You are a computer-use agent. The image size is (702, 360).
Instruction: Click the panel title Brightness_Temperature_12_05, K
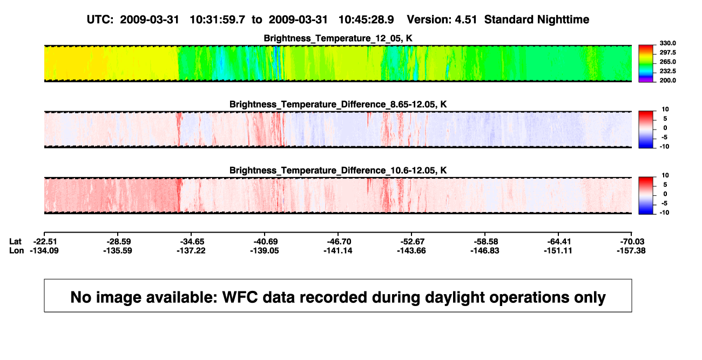pyautogui.click(x=338, y=38)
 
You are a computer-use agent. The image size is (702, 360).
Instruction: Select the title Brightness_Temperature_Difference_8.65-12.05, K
pyautogui.click(x=338, y=104)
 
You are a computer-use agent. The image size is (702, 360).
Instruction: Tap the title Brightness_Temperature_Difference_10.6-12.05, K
pyautogui.click(x=338, y=171)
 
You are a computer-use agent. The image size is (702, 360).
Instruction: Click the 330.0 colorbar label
pyautogui.click(x=667, y=43)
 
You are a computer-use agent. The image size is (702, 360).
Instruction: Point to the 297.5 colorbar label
pyautogui.click(x=667, y=53)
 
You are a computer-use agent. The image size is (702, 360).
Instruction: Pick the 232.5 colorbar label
pyautogui.click(x=667, y=71)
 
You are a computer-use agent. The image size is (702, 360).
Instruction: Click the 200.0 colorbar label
pyautogui.click(x=667, y=80)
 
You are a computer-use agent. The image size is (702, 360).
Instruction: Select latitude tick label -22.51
pyautogui.click(x=45, y=242)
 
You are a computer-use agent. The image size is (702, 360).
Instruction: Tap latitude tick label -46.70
pyautogui.click(x=339, y=242)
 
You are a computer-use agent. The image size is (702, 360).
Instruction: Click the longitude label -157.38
pyautogui.click(x=631, y=250)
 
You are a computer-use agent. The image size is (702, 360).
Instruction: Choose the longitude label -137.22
pyautogui.click(x=191, y=250)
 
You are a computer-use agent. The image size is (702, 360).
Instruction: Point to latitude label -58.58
pyautogui.click(x=486, y=242)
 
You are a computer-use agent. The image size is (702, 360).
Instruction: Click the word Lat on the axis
pyautogui.click(x=15, y=242)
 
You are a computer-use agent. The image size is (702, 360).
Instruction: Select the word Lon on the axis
pyautogui.click(x=16, y=250)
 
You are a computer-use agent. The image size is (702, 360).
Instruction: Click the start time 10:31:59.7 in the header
pyautogui.click(x=218, y=20)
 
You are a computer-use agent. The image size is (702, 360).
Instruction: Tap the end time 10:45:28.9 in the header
pyautogui.click(x=366, y=20)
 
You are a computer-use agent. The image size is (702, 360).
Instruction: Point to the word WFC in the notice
pyautogui.click(x=240, y=297)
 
